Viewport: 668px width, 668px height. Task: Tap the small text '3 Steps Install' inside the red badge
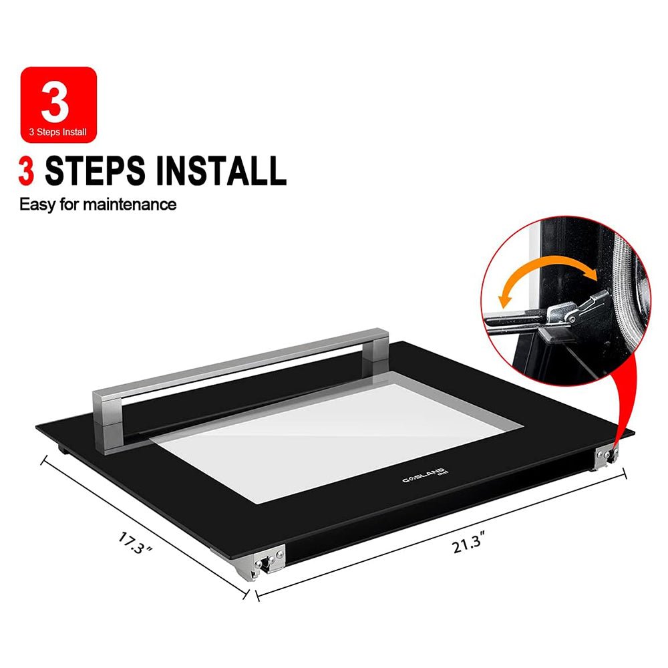point(57,132)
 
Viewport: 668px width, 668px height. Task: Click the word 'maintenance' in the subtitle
point(130,204)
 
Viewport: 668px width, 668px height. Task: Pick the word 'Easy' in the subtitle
point(37,205)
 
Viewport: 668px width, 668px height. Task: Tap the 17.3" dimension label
point(135,543)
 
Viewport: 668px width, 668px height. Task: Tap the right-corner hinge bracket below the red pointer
point(607,457)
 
